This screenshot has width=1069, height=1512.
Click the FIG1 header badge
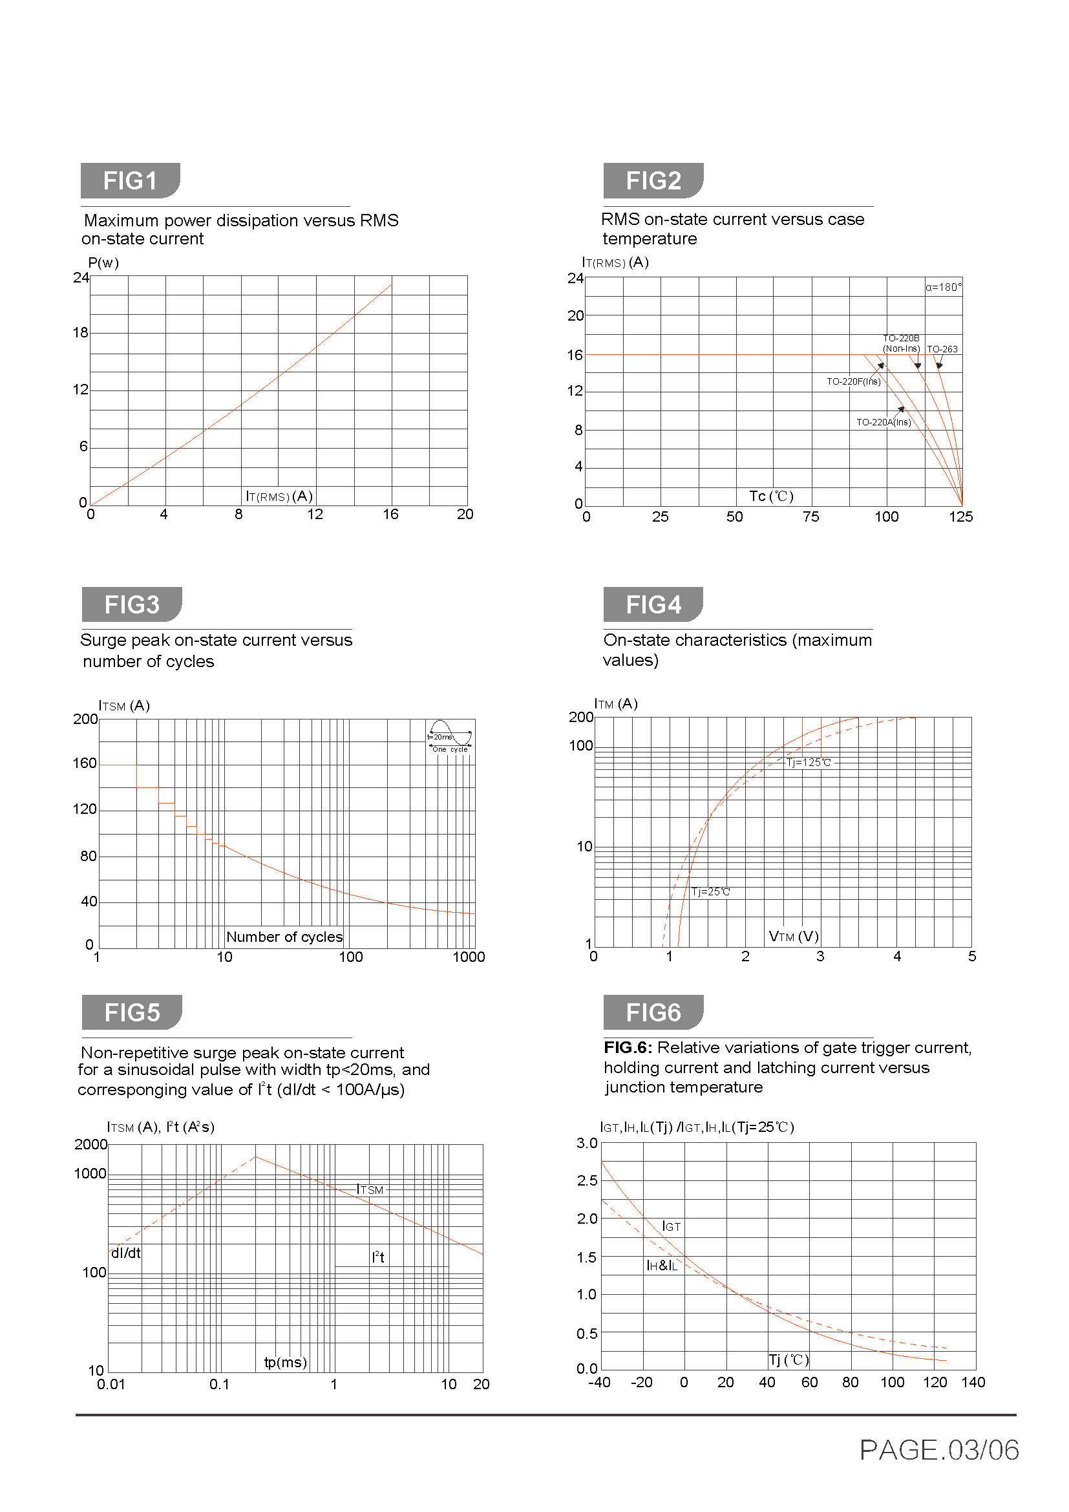click(130, 180)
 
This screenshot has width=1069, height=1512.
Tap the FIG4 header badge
click(653, 604)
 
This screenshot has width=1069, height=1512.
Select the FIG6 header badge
click(653, 1012)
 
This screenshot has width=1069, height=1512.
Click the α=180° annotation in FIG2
click(942, 287)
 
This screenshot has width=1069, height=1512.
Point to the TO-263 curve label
click(942, 349)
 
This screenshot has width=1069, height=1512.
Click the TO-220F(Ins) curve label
click(853, 381)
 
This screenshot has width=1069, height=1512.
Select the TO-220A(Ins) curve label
click(884, 422)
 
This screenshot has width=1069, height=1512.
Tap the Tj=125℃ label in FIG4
click(809, 763)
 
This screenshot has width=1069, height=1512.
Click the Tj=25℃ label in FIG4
click(710, 891)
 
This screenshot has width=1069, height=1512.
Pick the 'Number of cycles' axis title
click(284, 937)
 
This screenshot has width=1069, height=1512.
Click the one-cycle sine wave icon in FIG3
click(450, 736)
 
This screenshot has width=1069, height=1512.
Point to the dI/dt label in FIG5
click(126, 1253)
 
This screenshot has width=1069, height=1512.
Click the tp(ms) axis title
click(285, 1362)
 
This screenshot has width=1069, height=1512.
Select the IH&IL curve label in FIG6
click(662, 1265)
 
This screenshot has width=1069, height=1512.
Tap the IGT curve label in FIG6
click(671, 1226)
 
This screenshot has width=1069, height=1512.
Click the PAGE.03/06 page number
click(938, 1450)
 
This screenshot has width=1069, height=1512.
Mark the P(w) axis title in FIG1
click(103, 262)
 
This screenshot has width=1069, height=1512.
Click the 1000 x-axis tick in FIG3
click(469, 957)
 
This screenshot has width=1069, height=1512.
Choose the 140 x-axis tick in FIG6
click(973, 1382)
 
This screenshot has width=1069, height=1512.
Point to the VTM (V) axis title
click(793, 936)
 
